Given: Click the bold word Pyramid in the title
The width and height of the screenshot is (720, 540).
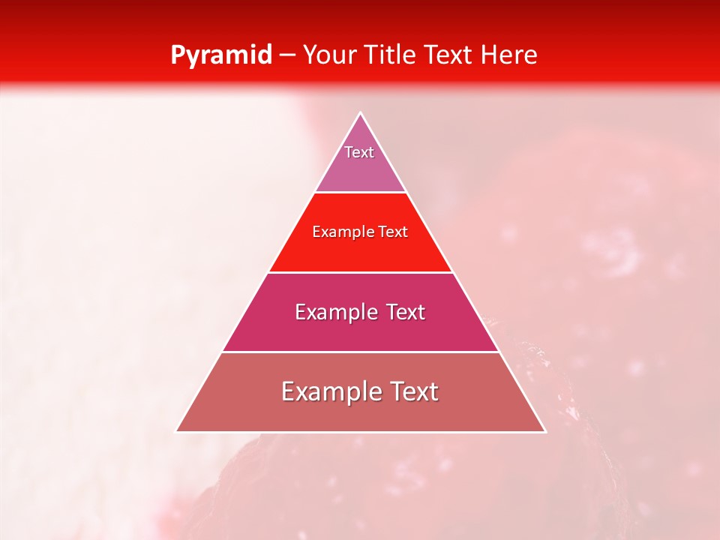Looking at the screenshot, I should (x=221, y=55).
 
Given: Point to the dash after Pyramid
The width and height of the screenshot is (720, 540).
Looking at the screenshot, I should (x=287, y=55).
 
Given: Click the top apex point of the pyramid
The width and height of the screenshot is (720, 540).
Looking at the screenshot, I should (x=361, y=113).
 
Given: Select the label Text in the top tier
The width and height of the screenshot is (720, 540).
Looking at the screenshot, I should (x=359, y=152).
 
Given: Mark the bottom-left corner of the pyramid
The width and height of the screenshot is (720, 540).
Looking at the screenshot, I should (x=177, y=431).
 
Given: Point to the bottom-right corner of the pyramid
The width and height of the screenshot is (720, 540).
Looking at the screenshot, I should (x=545, y=431).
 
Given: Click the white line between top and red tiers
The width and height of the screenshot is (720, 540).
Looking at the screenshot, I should (x=361, y=193).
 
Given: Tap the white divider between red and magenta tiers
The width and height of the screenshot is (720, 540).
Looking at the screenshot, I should (x=361, y=272).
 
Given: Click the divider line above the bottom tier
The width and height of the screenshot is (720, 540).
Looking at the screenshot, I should (x=361, y=352).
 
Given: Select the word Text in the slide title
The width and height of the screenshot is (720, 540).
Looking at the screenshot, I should (x=450, y=55).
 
